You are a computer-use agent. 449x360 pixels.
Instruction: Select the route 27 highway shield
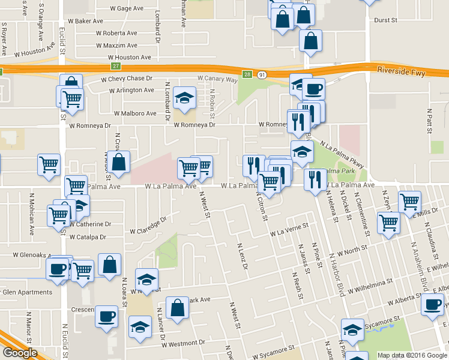click(x=116, y=66)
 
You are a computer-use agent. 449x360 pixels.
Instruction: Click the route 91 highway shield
click(x=262, y=74)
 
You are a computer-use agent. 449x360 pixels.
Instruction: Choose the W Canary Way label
click(x=218, y=79)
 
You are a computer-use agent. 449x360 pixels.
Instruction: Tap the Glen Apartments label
click(x=28, y=292)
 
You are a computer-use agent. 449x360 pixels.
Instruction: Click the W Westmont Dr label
click(x=182, y=343)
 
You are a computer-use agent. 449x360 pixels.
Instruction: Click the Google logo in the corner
click(x=20, y=353)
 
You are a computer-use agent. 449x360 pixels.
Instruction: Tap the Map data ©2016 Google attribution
click(x=412, y=355)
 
